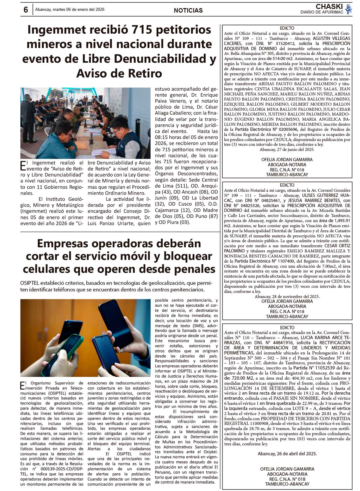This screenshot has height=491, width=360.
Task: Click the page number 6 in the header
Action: coord(26,10)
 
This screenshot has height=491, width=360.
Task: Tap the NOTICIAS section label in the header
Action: coord(188,11)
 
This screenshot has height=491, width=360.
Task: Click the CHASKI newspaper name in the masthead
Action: coord(329,7)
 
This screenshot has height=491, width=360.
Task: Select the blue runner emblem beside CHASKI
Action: coord(348,9)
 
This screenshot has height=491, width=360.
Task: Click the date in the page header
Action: coord(70,9)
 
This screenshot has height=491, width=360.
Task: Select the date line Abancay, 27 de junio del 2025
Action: coord(287,149)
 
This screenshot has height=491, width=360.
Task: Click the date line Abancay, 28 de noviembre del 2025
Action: coord(287,296)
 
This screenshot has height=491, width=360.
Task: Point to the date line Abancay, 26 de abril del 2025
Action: coord(287,454)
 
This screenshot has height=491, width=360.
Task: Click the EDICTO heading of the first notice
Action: coord(287,28)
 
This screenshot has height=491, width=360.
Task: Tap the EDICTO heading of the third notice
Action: coord(287,327)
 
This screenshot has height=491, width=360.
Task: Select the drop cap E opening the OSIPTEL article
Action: coord(23,385)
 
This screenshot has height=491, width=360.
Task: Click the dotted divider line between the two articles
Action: coord(120,232)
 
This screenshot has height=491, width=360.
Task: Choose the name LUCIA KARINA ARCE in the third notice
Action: coord(321,338)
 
